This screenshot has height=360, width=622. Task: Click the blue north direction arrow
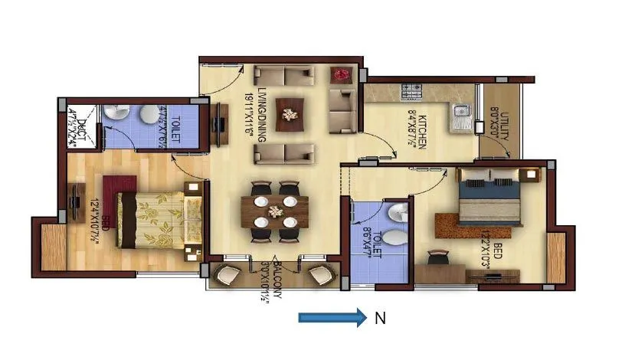(x=332, y=319)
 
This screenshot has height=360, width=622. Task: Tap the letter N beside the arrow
(x=378, y=319)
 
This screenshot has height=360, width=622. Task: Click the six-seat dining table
(x=274, y=211)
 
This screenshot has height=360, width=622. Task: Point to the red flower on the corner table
(x=342, y=74)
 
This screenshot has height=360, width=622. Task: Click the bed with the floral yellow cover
(x=153, y=218)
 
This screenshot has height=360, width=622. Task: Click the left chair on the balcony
(x=228, y=273)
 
